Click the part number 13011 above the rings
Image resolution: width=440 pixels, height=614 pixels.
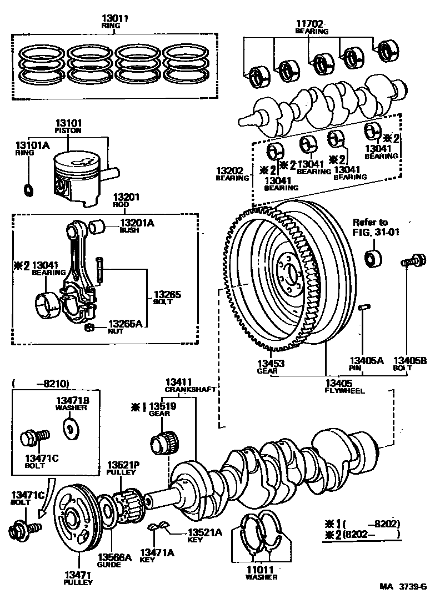point(116,19)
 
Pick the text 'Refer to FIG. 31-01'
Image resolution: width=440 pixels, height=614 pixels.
point(376,228)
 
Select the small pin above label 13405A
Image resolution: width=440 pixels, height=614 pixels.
point(364,306)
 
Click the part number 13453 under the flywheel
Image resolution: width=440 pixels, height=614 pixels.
point(271,364)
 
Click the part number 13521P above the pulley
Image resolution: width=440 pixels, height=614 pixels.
point(121,465)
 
